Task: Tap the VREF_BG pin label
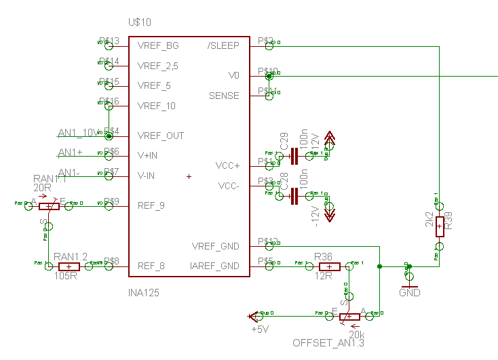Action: (x=158, y=46)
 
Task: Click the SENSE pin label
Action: (x=224, y=96)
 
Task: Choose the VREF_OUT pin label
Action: (x=161, y=136)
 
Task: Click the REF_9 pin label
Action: (x=151, y=205)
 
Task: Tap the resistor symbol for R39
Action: (x=440, y=226)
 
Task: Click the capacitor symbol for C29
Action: (x=294, y=157)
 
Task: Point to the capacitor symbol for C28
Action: (x=294, y=197)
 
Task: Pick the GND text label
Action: (x=410, y=293)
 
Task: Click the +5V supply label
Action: (x=261, y=329)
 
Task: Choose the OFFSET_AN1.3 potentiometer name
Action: (x=328, y=343)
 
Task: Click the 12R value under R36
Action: (x=323, y=277)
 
